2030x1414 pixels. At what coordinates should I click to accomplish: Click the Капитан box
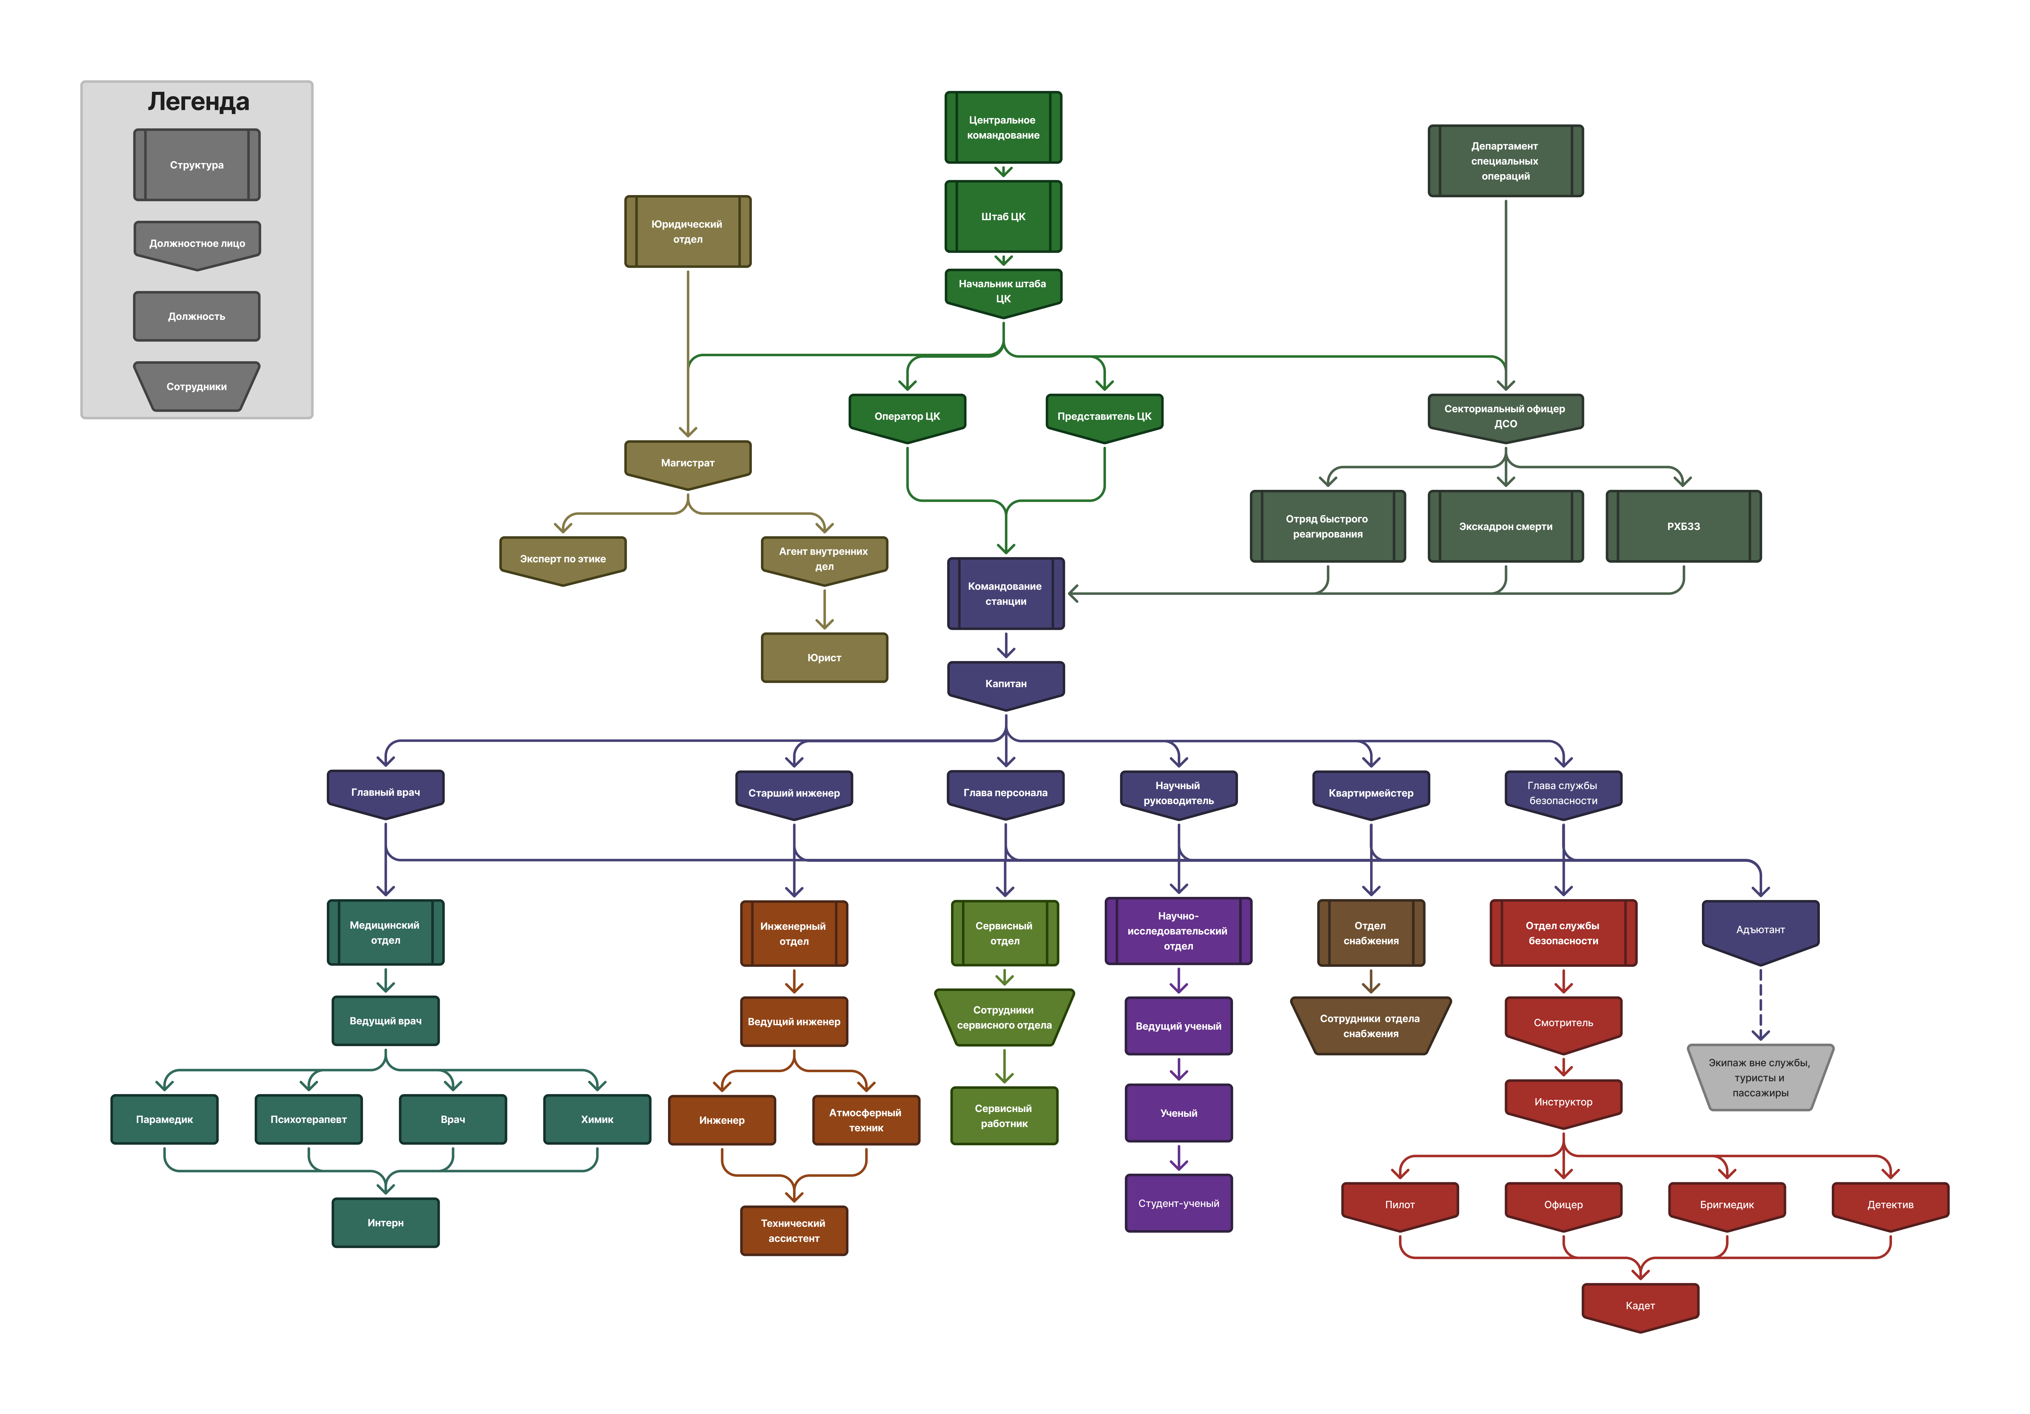pos(1005,683)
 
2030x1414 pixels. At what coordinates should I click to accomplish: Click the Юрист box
pos(824,658)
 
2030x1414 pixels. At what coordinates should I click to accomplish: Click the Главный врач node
pos(385,792)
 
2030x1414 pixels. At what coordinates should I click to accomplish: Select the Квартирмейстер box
pos(1370,793)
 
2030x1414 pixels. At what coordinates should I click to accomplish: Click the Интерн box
pos(385,1222)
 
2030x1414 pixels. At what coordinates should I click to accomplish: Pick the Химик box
pos(597,1119)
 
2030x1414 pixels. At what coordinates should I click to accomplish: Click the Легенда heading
pos(198,102)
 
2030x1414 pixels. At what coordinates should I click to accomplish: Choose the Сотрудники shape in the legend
pos(196,386)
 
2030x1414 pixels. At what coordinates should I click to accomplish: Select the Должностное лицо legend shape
pos(196,243)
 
